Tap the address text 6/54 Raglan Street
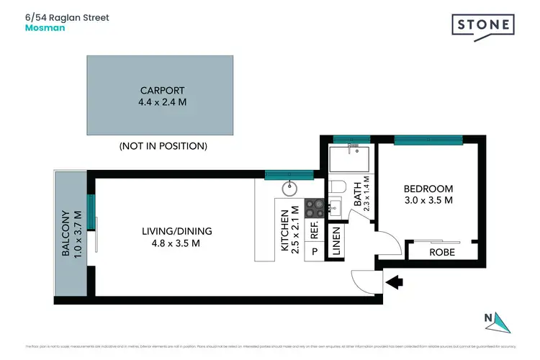coord(67,17)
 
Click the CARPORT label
coord(162,91)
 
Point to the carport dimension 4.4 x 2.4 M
coord(162,103)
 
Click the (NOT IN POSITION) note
coord(163,146)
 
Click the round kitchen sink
coord(289,189)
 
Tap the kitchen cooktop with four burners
coord(315,208)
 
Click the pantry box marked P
coord(314,252)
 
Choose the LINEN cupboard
coord(336,243)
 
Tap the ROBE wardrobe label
coord(442,253)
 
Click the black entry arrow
coord(394,282)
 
